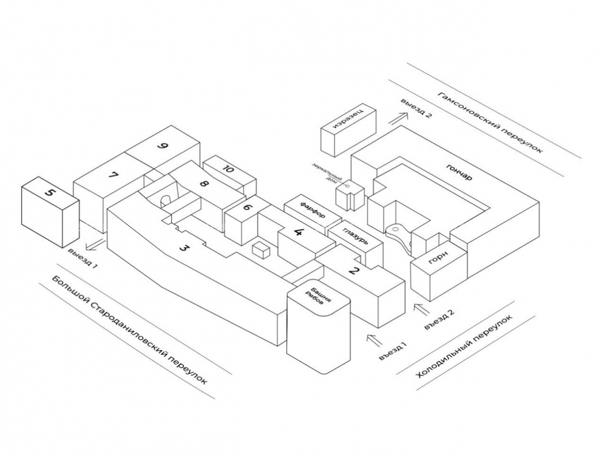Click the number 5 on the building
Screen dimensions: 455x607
click(x=51, y=193)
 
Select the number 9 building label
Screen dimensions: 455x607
click(x=161, y=146)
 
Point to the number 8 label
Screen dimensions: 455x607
click(x=204, y=184)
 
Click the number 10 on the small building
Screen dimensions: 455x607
click(x=228, y=169)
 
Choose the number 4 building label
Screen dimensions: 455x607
click(x=298, y=232)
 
